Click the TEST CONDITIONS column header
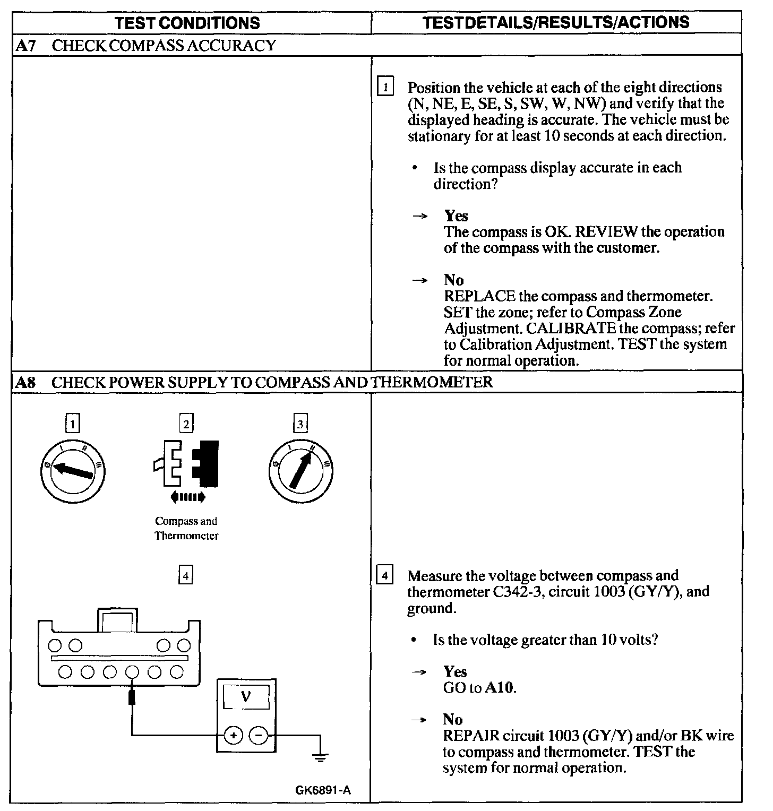(187, 23)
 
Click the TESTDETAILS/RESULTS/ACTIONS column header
(556, 22)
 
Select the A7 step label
(25, 46)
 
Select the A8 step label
(25, 382)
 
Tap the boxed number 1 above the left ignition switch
(73, 424)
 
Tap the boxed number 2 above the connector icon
(186, 424)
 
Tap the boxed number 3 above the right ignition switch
(300, 424)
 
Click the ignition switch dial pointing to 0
(73, 471)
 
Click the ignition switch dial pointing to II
(300, 471)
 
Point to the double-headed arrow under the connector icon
(187, 497)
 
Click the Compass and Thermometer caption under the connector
(186, 528)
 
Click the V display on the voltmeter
(246, 696)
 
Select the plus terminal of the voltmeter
(233, 735)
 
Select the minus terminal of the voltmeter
(259, 735)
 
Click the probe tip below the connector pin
(132, 696)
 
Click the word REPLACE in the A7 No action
(479, 296)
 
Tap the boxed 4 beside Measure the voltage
(384, 575)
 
